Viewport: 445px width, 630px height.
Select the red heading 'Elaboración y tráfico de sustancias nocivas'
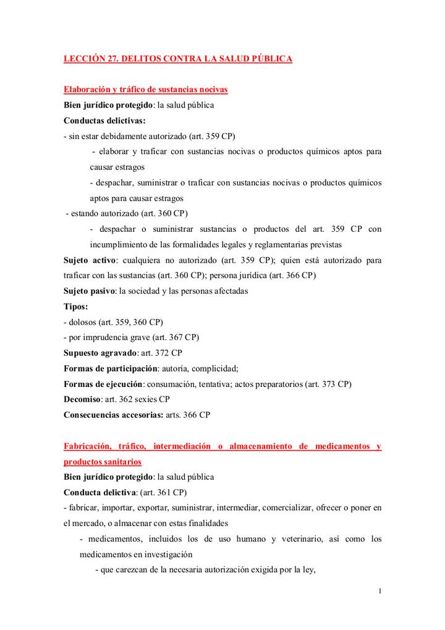146,90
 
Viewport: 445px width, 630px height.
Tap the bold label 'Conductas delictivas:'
104,121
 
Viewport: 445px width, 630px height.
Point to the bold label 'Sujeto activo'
91,260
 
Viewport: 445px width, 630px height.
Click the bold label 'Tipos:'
76,307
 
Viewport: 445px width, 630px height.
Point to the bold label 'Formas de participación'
110,368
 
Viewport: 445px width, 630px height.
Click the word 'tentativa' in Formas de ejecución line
219,384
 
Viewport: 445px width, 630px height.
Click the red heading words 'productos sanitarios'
103,462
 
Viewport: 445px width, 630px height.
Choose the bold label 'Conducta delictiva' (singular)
100,493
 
